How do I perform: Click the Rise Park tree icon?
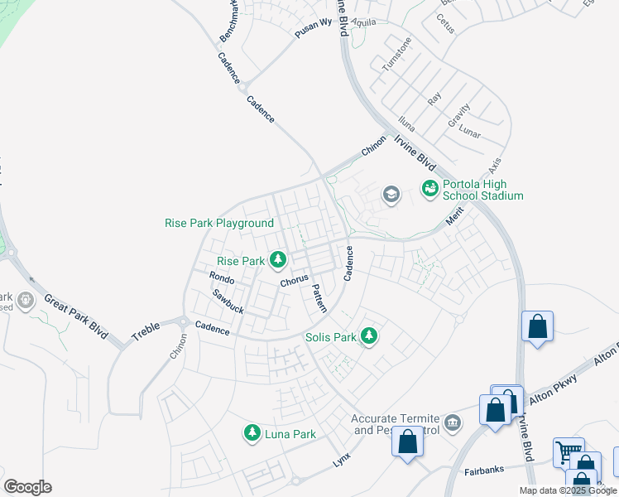tap(278, 261)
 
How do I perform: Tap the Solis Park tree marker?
tap(369, 337)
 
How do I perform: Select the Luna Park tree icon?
tap(252, 433)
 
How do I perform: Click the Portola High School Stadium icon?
tap(429, 190)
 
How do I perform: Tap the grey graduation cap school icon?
tap(391, 195)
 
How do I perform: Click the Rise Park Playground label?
tap(219, 223)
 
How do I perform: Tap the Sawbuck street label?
tap(228, 301)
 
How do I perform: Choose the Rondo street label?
tap(222, 279)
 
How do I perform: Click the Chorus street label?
tap(294, 282)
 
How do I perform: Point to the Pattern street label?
tap(319, 298)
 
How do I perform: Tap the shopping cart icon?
tap(569, 452)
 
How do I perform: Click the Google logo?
tap(27, 487)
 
